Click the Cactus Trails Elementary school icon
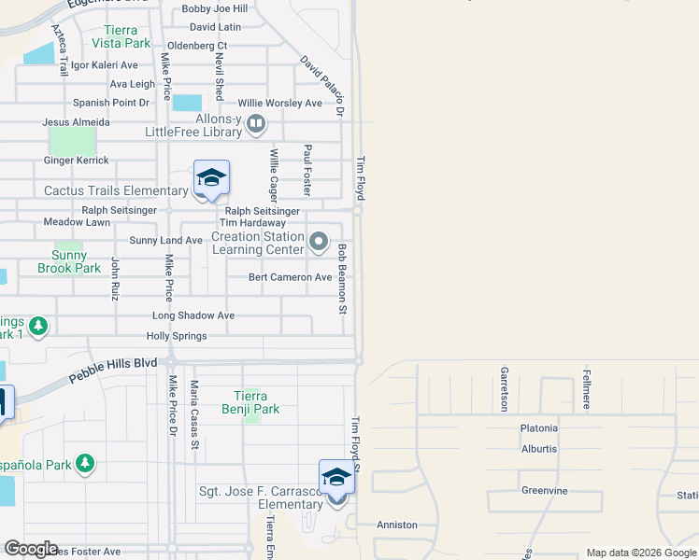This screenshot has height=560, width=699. pyautogui.click(x=212, y=178)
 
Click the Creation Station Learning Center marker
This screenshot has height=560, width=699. pyautogui.click(x=319, y=243)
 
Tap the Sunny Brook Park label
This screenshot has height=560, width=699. pyautogui.click(x=68, y=261)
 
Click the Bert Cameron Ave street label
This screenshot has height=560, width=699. pyautogui.click(x=290, y=277)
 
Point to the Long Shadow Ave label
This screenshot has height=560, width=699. pyautogui.click(x=193, y=315)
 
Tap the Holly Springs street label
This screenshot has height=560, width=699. pyautogui.click(x=177, y=336)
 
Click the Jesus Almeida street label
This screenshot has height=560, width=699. pyautogui.click(x=77, y=122)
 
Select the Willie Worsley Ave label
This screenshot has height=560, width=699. pyautogui.click(x=279, y=103)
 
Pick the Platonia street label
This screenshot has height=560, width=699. pyautogui.click(x=539, y=428)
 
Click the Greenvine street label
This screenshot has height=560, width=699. pyautogui.click(x=545, y=490)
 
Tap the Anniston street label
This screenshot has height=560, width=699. pyautogui.click(x=397, y=525)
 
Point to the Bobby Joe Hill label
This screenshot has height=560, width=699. pyautogui.click(x=208, y=8)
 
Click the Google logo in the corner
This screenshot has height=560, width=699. pyautogui.click(x=31, y=548)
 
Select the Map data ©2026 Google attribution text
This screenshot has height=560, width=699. pyautogui.click(x=641, y=553)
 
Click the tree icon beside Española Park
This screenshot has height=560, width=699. pyautogui.click(x=85, y=464)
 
